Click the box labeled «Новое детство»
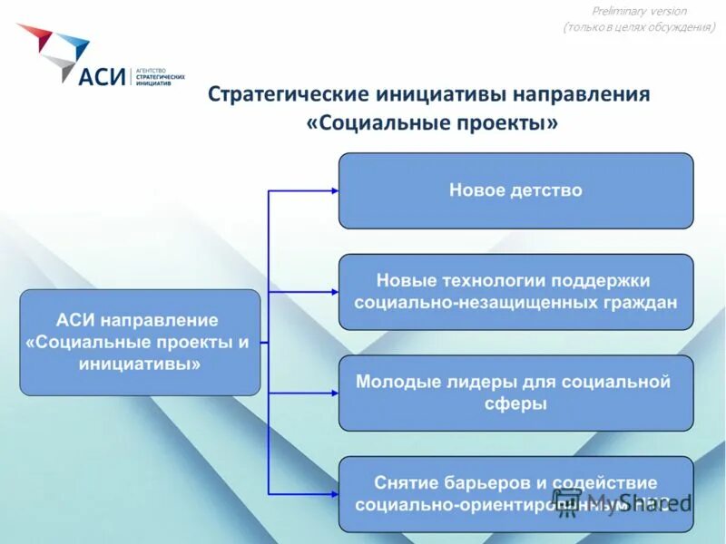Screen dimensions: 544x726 coord(515,190)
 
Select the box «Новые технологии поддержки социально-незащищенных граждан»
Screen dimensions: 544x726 coord(515,292)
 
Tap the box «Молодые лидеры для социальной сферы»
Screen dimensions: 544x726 coord(515,393)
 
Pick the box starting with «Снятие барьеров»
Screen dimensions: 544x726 coord(515,493)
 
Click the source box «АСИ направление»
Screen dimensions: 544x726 coord(140,342)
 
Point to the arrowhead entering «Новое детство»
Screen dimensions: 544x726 coord(334,191)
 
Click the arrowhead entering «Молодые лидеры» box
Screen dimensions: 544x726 coord(334,393)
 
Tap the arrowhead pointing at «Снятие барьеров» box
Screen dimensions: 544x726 coord(334,493)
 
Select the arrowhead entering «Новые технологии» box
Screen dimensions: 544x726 coord(334,292)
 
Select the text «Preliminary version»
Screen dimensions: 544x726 coord(639,11)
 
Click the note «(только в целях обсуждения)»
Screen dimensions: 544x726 coord(639,27)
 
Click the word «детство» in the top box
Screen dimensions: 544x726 coord(547,190)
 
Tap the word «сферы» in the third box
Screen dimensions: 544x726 coord(515,404)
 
